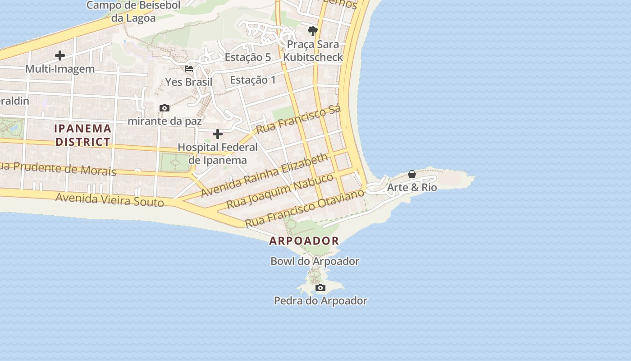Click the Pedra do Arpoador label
(x=320, y=301)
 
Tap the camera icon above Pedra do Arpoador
(x=320, y=287)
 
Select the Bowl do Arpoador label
(x=315, y=261)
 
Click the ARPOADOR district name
(x=304, y=241)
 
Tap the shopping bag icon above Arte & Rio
(x=412, y=174)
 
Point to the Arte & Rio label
(x=412, y=187)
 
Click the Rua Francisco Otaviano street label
(x=304, y=208)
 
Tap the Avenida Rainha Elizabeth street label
(x=264, y=175)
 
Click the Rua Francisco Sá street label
(x=298, y=119)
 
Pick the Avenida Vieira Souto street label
(x=110, y=199)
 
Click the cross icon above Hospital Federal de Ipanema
(x=218, y=134)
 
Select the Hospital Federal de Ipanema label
(x=218, y=154)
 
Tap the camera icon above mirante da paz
(x=165, y=108)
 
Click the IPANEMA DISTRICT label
(x=82, y=135)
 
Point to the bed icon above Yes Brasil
(x=189, y=69)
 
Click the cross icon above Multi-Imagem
(x=60, y=56)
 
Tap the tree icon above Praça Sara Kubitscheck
(x=312, y=31)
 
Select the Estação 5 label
(x=247, y=57)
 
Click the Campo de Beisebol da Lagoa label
(x=133, y=12)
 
